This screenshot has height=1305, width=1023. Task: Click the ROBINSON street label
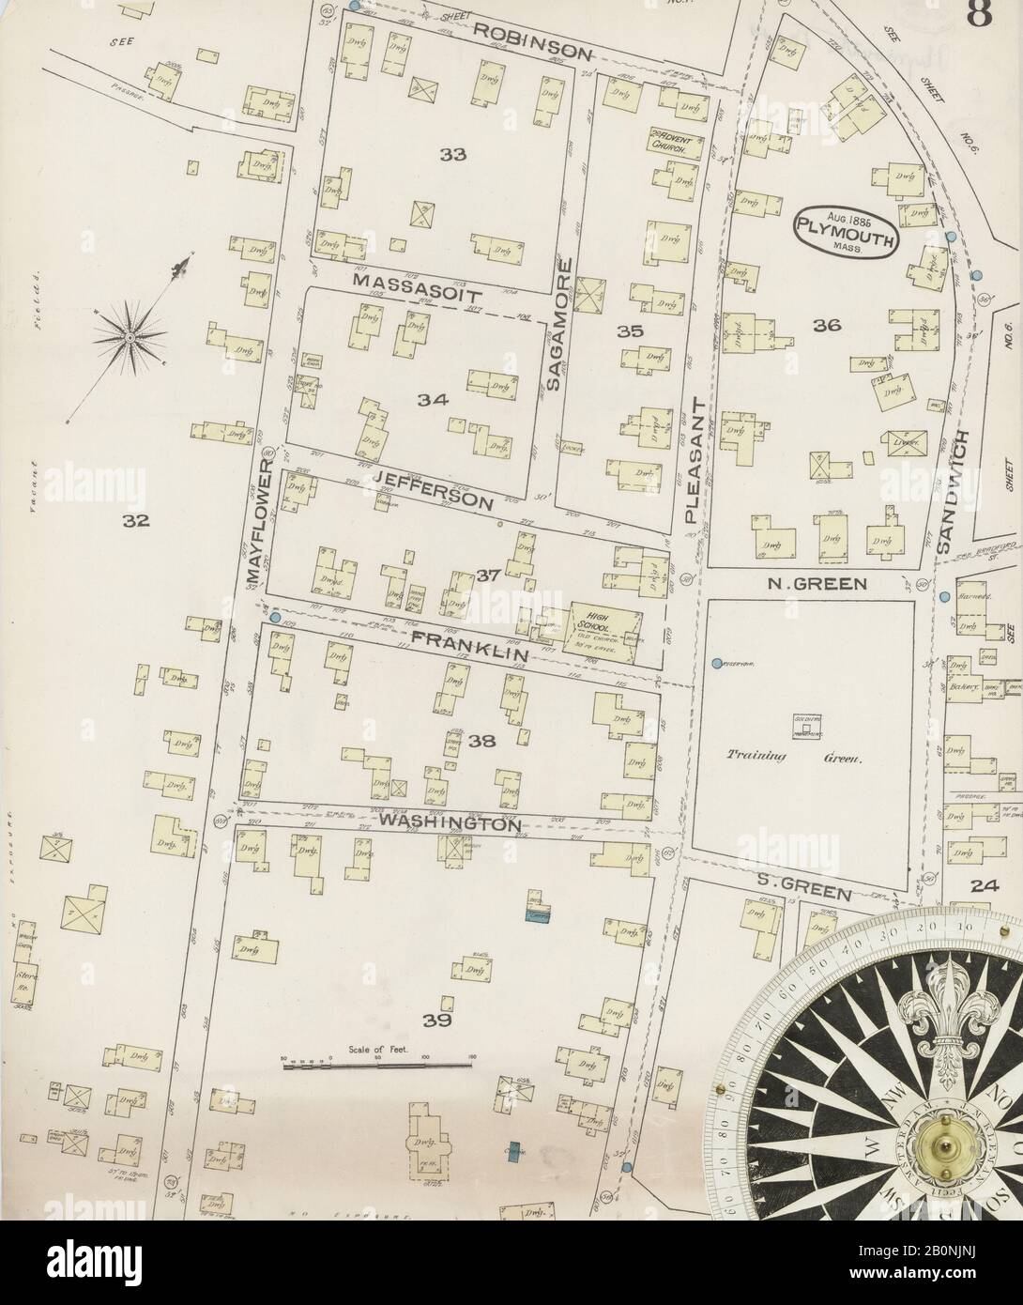point(530,39)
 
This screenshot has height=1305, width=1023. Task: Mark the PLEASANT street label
point(695,460)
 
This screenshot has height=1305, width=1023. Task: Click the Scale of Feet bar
point(375,1064)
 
